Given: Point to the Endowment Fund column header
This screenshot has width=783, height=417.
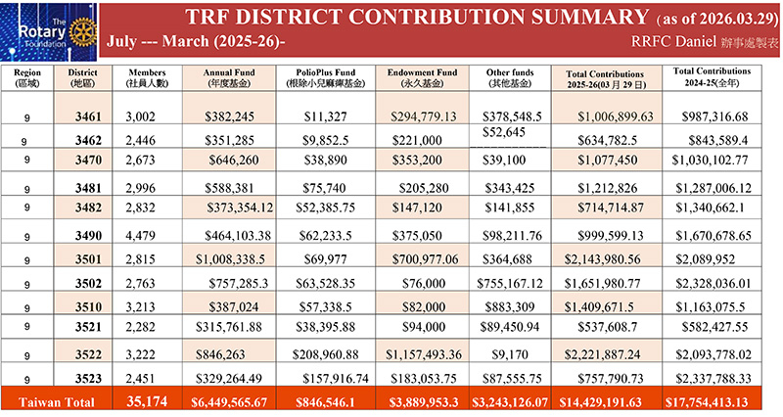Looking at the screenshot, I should pyautogui.click(x=424, y=77).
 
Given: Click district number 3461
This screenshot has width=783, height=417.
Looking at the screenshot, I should pyautogui.click(x=86, y=116).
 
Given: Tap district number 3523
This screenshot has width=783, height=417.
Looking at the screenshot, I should pyautogui.click(x=86, y=375).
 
